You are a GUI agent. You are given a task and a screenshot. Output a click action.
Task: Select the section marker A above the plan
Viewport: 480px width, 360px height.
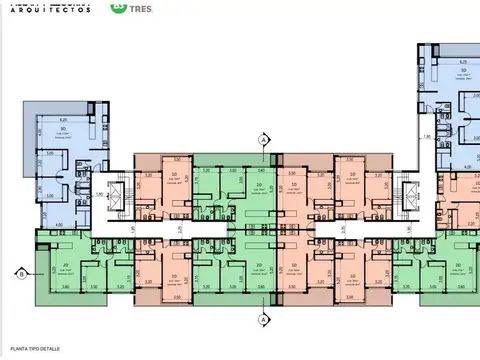tap(262, 141)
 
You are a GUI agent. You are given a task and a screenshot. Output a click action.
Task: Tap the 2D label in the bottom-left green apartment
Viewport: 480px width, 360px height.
tap(65, 264)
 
